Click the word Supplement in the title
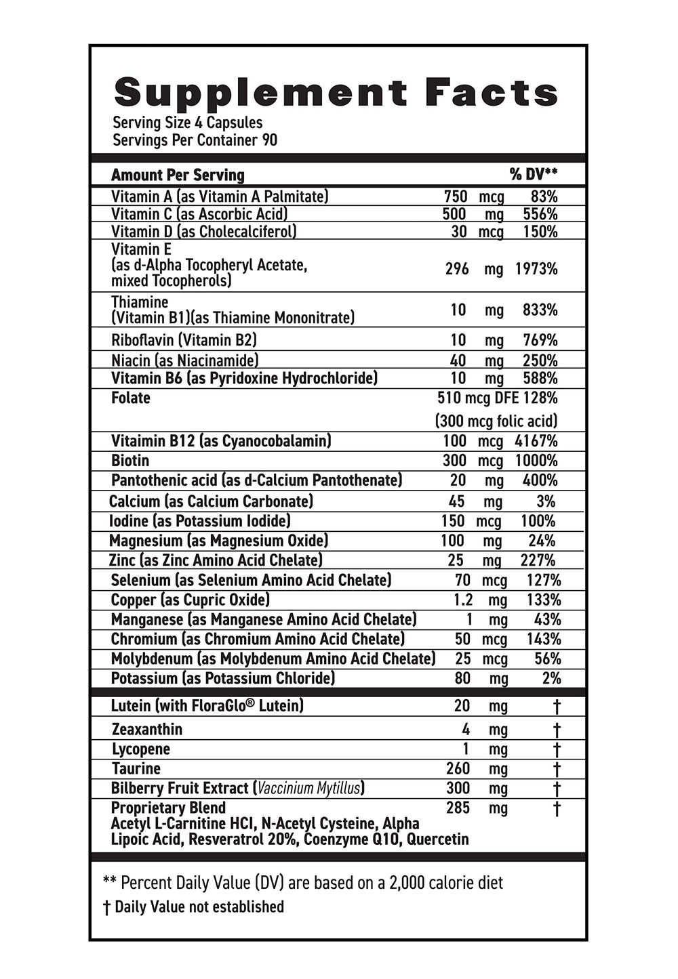pyautogui.click(x=261, y=93)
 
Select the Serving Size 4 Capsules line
pyautogui.click(x=187, y=123)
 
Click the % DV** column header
pyautogui.click(x=534, y=175)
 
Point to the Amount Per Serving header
pyautogui.click(x=178, y=175)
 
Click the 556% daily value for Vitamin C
pyautogui.click(x=540, y=214)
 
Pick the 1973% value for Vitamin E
pyautogui.click(x=536, y=269)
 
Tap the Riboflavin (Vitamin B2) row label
pyautogui.click(x=184, y=339)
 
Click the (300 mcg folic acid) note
pyautogui.click(x=496, y=421)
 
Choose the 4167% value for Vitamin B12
pyautogui.click(x=536, y=441)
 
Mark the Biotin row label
pyautogui.click(x=130, y=461)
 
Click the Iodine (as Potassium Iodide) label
pyautogui.click(x=199, y=521)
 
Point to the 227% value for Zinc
pyautogui.click(x=539, y=560)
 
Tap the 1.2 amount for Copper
pyautogui.click(x=463, y=600)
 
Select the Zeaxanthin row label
pyautogui.click(x=147, y=730)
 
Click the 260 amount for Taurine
pyautogui.click(x=458, y=768)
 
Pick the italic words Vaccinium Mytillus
pyautogui.click(x=309, y=788)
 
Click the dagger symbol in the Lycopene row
pyautogui.click(x=557, y=749)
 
